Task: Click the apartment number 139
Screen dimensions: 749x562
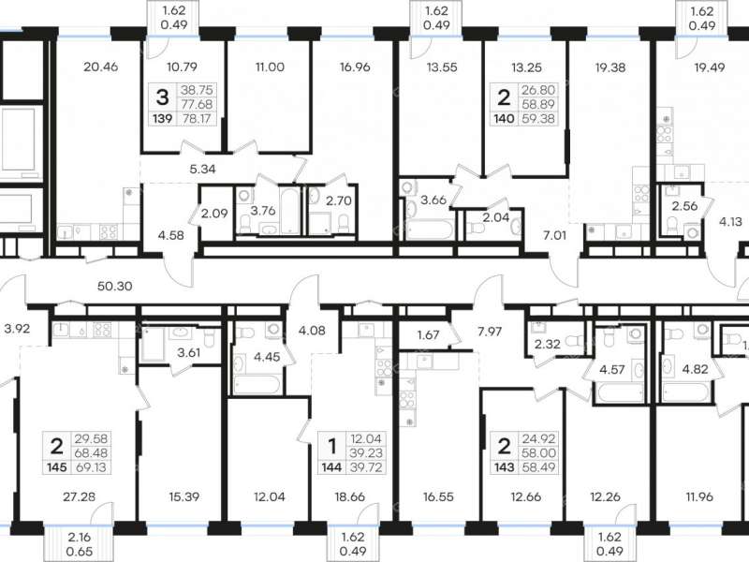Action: coord(163,118)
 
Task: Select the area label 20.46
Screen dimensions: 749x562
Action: coord(100,67)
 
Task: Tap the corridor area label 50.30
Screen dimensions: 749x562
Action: coord(114,287)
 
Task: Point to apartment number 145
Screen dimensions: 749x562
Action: coord(56,466)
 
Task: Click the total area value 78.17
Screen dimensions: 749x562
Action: coord(198,118)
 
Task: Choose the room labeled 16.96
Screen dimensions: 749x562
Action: coord(355,67)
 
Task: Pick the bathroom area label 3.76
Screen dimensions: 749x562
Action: coord(263,211)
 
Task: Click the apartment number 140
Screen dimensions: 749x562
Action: coord(504,118)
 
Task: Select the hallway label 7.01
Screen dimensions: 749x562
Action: coord(554,235)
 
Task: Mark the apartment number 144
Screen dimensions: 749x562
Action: coord(332,466)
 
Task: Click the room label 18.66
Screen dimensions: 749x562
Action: coord(350,497)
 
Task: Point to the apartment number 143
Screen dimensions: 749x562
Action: coord(504,466)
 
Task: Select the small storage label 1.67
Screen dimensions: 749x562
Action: coord(428,334)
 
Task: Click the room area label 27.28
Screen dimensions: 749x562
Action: coord(80,497)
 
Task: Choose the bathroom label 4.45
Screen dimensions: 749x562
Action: coord(268,357)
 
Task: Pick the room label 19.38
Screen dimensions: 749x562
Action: coord(610,67)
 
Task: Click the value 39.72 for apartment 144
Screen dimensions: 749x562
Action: coord(367,466)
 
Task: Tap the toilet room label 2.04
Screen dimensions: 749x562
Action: coord(496,218)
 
